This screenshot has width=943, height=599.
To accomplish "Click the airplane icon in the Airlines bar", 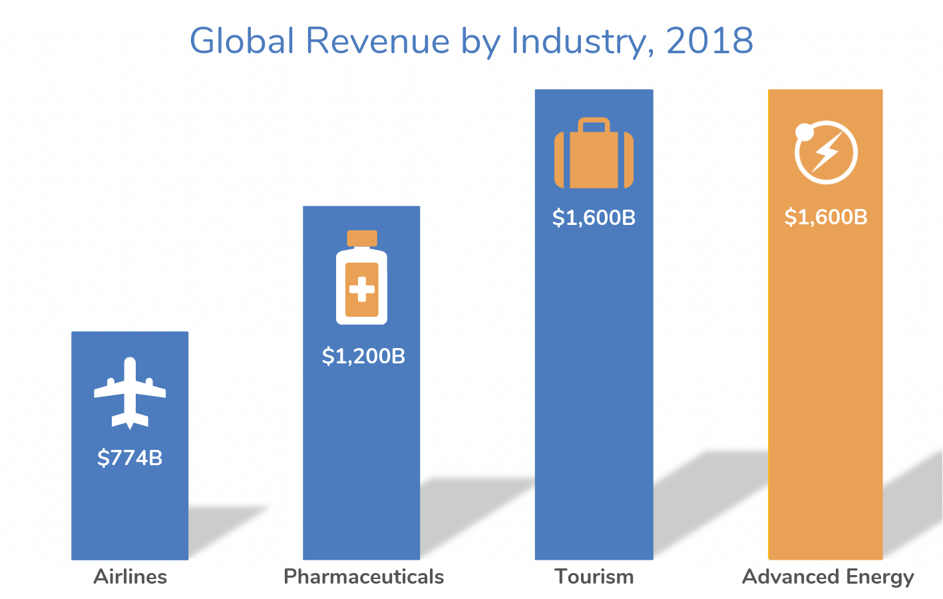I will tap(130, 393).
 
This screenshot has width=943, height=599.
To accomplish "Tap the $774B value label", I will tap(130, 458).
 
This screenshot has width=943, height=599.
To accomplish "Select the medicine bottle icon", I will tap(361, 278).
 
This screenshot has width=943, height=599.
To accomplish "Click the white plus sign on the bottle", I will tap(361, 290).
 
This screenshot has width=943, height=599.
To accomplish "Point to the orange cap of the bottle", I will tap(361, 238).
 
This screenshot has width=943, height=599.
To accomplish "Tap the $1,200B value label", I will tap(363, 356).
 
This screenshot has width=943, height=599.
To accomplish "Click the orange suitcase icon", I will tap(594, 154).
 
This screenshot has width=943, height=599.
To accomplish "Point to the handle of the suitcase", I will tap(594, 124).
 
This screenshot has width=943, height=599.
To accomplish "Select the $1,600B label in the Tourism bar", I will tap(594, 218).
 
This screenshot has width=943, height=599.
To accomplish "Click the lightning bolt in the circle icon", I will tap(827, 152).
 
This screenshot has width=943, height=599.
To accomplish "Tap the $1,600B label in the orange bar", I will tap(826, 217).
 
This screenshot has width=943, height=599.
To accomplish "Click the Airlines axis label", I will tap(130, 576).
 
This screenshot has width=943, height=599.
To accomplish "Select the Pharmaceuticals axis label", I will tap(363, 576).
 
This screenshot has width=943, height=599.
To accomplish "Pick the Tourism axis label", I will tap(594, 576).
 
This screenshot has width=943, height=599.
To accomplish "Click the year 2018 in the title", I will tap(709, 41).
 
